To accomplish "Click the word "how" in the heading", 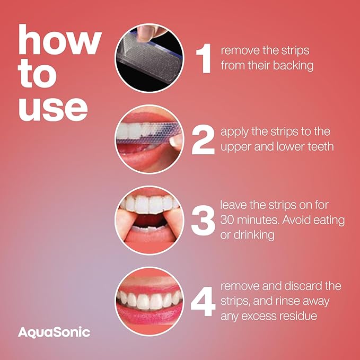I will (59, 42).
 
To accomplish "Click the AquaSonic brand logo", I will (54, 332).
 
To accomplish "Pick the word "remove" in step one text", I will (239, 51).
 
